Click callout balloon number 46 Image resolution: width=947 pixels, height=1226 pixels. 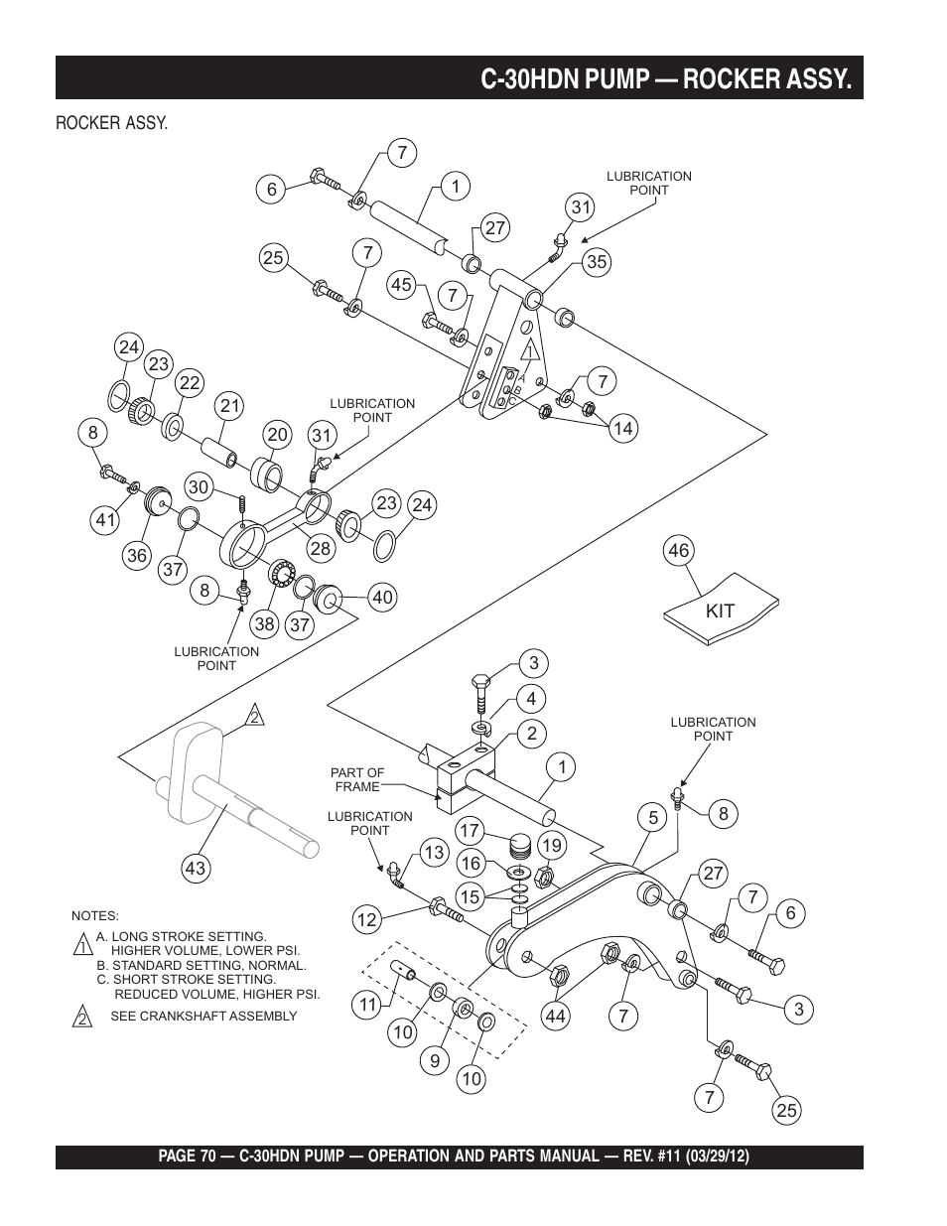[x=679, y=550]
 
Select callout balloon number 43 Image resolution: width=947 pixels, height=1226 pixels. [x=195, y=869]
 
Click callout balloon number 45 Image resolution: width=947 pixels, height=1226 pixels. [x=400, y=285]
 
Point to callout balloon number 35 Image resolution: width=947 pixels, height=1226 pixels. [x=597, y=262]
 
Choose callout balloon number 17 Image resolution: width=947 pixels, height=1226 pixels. [x=470, y=830]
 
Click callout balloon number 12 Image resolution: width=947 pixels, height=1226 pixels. [x=367, y=920]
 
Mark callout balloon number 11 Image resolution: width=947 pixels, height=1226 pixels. [x=368, y=1005]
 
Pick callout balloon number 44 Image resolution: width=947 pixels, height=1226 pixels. [x=554, y=1015]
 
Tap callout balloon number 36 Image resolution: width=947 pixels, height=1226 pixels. [x=137, y=556]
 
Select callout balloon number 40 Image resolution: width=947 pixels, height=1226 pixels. [x=382, y=597]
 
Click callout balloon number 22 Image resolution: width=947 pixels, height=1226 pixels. [x=190, y=382]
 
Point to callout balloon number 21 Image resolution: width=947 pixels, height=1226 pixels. [x=230, y=405]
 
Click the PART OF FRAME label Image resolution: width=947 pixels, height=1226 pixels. [x=357, y=779]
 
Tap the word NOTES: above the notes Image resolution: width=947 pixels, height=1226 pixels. [x=95, y=915]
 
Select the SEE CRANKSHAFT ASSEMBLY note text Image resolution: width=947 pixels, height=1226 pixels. [x=203, y=1016]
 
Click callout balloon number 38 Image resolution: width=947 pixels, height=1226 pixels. [x=263, y=624]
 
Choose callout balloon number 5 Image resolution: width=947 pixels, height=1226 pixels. [x=653, y=819]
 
